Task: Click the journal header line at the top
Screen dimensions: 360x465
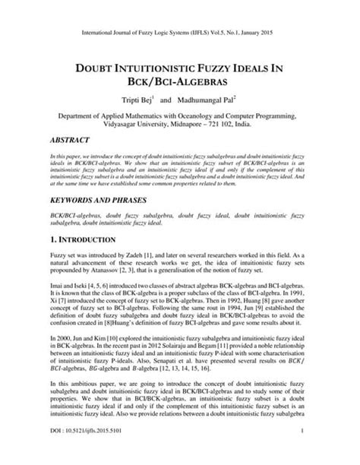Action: (180, 11)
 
